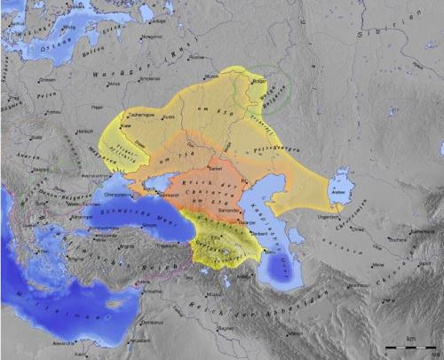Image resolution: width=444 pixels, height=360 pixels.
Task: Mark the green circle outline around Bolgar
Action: point(266,84)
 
